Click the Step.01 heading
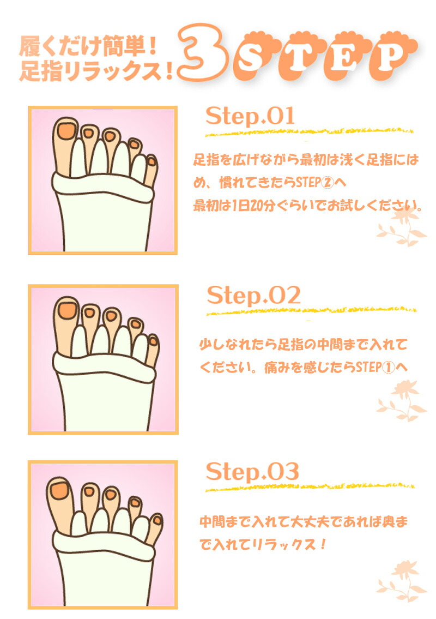click(x=250, y=116)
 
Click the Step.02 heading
click(x=253, y=295)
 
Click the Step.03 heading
click(x=252, y=471)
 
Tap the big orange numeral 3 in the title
click(x=204, y=52)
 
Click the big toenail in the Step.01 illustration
click(x=66, y=131)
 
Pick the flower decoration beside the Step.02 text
click(x=402, y=401)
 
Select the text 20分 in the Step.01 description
click(x=262, y=205)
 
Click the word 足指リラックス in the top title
click(x=91, y=71)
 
